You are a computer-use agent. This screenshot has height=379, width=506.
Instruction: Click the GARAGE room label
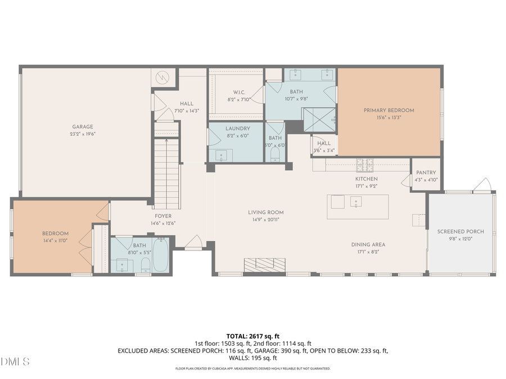(83, 127)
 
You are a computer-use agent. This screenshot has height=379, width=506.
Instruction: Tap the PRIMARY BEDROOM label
(388, 111)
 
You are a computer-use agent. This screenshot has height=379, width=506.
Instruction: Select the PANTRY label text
(426, 173)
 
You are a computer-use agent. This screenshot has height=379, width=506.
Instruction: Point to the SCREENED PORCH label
(460, 232)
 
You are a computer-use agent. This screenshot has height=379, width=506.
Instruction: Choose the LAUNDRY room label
(238, 129)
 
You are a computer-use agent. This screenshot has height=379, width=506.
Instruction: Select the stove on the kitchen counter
(364, 165)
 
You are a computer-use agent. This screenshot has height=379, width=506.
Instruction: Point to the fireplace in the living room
(265, 263)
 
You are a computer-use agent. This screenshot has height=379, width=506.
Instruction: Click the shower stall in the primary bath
(319, 120)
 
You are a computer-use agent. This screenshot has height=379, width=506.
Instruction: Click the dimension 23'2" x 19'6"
(83, 134)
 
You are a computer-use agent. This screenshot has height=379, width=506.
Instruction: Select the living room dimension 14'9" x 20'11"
(266, 220)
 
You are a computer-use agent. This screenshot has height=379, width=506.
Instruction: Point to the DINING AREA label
(368, 245)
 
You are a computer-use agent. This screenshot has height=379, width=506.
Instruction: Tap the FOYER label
(163, 216)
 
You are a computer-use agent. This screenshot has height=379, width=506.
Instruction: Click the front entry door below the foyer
(193, 243)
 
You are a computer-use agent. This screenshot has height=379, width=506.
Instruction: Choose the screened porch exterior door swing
(482, 185)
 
